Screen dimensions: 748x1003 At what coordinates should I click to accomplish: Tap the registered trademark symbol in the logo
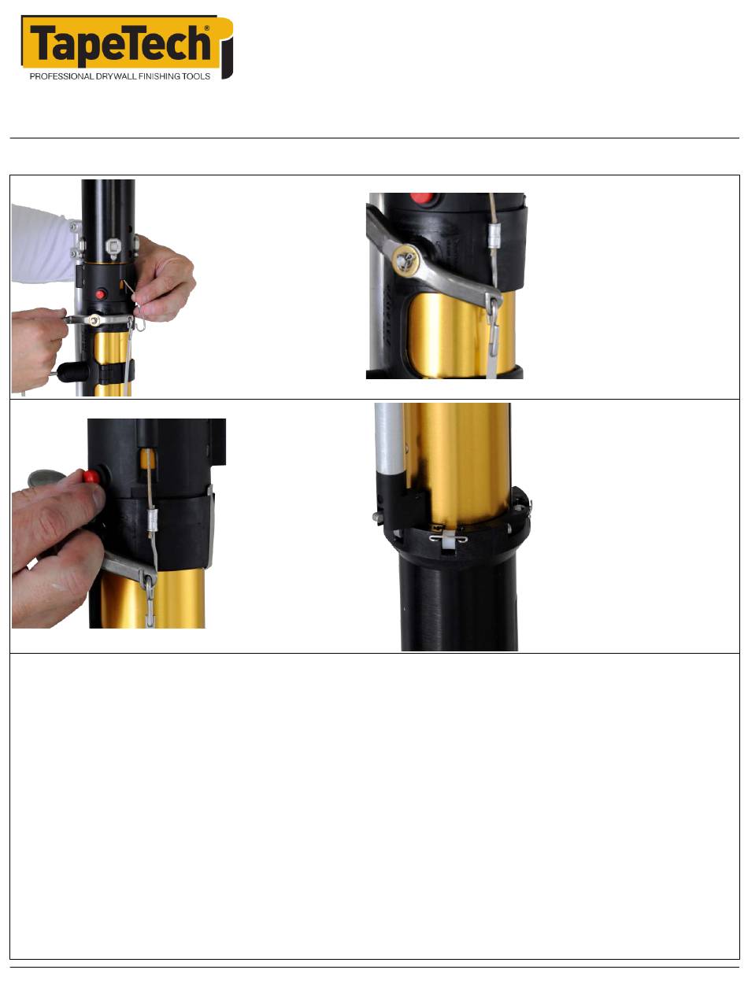[x=207, y=28]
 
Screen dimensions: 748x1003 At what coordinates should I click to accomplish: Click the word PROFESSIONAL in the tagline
[x=61, y=76]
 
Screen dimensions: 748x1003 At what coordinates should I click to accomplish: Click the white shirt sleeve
[x=42, y=243]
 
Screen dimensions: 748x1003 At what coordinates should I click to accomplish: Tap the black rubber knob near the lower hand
[x=72, y=372]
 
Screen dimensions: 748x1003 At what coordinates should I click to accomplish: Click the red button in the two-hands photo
[x=101, y=295]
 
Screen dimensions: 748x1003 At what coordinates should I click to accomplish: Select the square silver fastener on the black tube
[x=113, y=247]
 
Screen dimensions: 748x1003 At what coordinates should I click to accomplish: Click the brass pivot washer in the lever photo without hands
[x=406, y=260]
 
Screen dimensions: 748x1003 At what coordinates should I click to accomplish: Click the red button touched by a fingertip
[x=91, y=476]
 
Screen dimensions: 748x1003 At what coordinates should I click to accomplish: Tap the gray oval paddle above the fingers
[x=46, y=478]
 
